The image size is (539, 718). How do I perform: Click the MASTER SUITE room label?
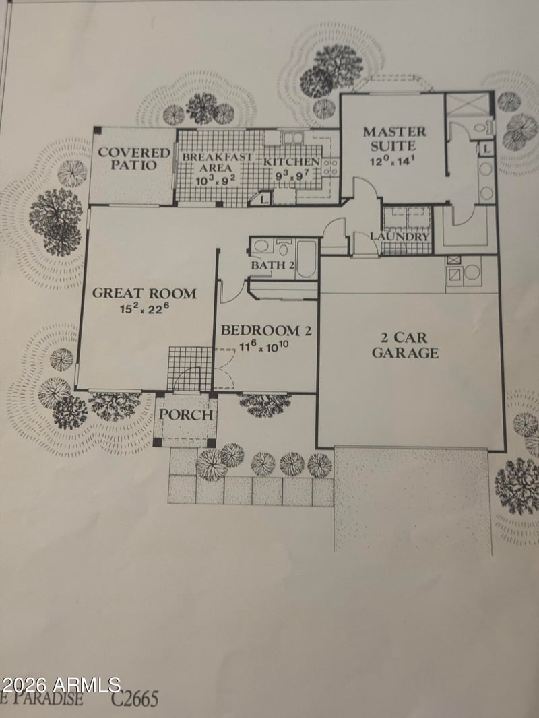point(395,138)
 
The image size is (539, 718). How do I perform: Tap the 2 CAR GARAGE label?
point(406,345)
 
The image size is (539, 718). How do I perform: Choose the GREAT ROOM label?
point(144,293)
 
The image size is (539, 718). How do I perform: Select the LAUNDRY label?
point(400,237)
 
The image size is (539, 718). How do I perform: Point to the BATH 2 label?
point(273,265)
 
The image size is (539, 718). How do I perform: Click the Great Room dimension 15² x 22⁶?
point(144,310)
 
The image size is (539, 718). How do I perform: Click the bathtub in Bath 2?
point(307,260)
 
